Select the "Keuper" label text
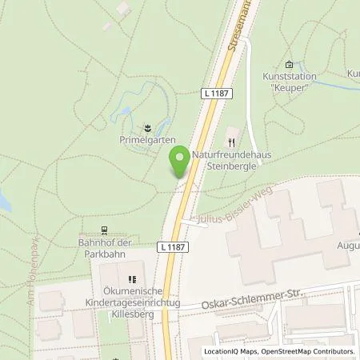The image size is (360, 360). pos(288,88)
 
